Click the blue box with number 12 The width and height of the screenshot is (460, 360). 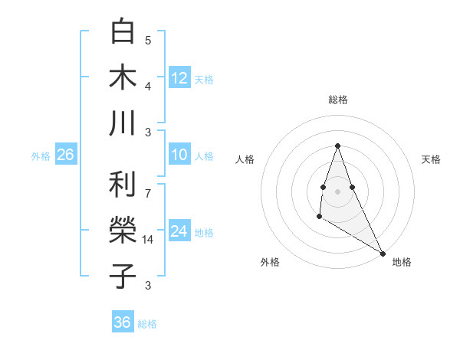pyautogui.click(x=179, y=77)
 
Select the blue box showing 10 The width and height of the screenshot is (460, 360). pyautogui.click(x=179, y=155)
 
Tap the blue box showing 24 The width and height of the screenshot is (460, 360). pyautogui.click(x=179, y=231)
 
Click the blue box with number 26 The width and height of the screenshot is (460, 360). pyautogui.click(x=65, y=155)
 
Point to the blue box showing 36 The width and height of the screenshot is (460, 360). pyautogui.click(x=123, y=322)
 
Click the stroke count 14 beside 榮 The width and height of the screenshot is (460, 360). pyautogui.click(x=149, y=240)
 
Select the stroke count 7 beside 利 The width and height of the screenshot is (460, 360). pyautogui.click(x=148, y=186)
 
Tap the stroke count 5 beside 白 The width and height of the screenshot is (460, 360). pyautogui.click(x=148, y=41)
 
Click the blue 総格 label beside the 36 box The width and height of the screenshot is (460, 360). pyautogui.click(x=147, y=324)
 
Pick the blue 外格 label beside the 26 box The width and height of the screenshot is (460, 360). pyautogui.click(x=41, y=156)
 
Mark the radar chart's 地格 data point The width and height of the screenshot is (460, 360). pyautogui.click(x=383, y=253)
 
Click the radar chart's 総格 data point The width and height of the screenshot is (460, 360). pyautogui.click(x=337, y=146)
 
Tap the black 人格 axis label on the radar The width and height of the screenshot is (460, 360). pyautogui.click(x=245, y=159)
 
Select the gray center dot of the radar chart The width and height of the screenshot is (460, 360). pyautogui.click(x=337, y=191)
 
